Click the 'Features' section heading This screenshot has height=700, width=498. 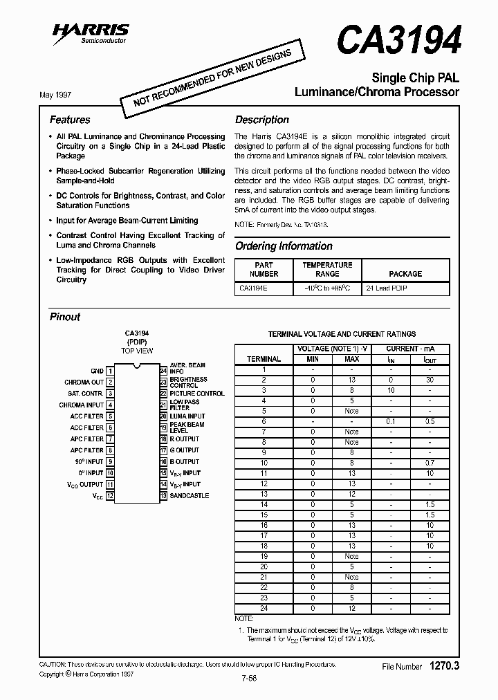coord(70,120)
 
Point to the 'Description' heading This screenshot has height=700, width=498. coord(261,120)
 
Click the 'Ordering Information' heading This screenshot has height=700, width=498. coord(284,246)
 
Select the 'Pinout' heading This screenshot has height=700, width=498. coord(65,317)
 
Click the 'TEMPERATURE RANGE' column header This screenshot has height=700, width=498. coord(327,269)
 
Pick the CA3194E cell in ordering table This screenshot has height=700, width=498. coord(254,287)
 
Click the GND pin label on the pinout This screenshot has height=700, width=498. coord(97,371)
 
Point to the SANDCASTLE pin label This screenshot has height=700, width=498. coord(189,496)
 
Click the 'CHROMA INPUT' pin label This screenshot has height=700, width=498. coord(81,405)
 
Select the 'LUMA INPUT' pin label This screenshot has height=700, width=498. coord(187,416)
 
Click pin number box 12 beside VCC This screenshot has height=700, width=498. coord(110,496)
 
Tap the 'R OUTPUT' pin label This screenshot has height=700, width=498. coord(185,439)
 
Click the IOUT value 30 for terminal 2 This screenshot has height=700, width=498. coord(430,380)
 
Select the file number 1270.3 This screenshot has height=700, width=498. coord(445,666)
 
